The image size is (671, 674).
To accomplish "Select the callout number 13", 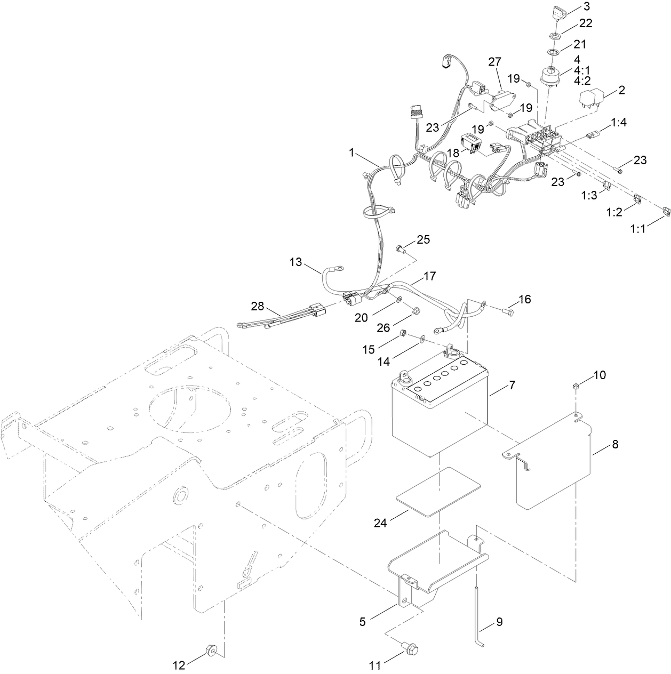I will tap(295, 262).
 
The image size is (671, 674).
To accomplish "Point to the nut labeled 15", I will tap(404, 334).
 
